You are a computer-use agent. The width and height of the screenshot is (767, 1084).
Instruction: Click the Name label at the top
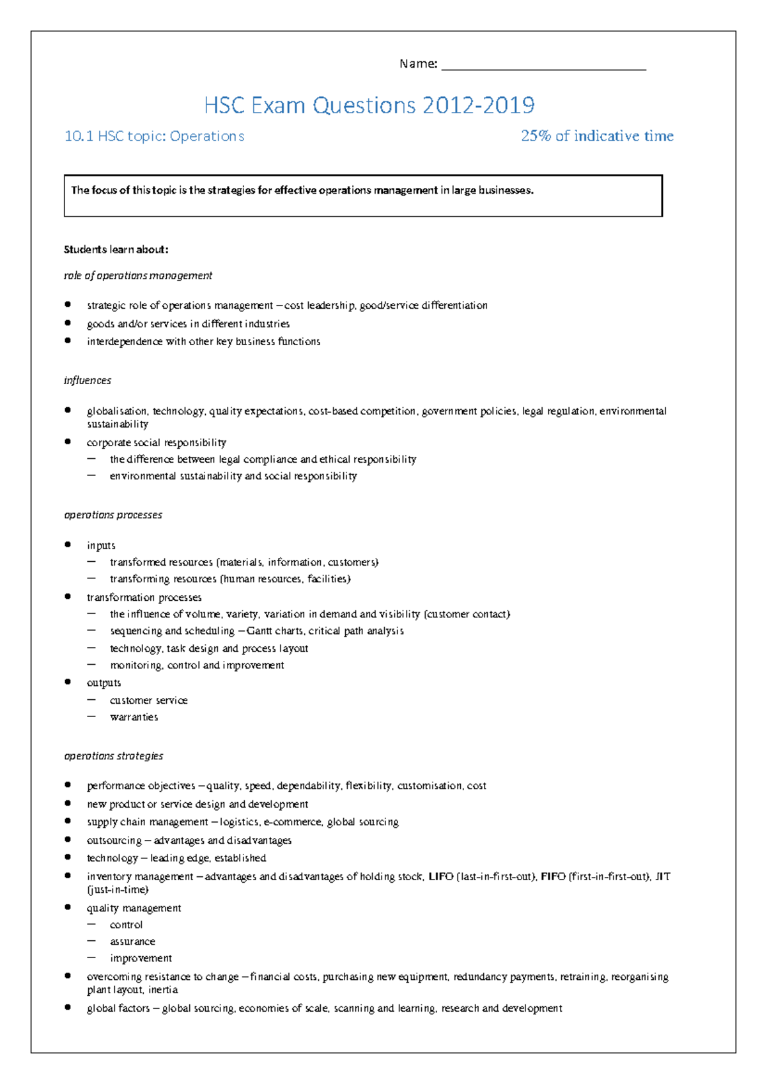pos(418,63)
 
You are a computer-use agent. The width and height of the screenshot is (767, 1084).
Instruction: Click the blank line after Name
pos(543,66)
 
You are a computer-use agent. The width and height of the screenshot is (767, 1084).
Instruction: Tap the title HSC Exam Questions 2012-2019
pos(369,105)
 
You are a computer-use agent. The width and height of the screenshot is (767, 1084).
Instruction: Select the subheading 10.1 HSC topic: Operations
pos(154,136)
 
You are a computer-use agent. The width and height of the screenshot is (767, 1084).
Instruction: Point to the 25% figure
pos(536,136)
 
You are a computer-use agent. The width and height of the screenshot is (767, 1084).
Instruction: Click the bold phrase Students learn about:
pos(116,249)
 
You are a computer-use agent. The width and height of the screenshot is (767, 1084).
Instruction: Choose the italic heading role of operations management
pos(138,275)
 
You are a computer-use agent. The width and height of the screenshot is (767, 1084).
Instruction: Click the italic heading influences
pos(88,380)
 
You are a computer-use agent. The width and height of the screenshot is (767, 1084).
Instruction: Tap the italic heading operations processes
pos(113,515)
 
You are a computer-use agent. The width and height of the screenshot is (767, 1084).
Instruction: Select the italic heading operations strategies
pos(114,756)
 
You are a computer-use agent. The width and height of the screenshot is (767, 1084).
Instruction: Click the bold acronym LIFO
pos(440,876)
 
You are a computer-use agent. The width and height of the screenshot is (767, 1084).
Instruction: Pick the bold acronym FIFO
pos(553,876)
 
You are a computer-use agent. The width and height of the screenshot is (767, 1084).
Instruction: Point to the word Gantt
pos(259,631)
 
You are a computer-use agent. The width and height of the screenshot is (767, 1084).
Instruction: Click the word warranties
pos(134,717)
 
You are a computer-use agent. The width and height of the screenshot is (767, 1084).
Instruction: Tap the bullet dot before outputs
pos(68,682)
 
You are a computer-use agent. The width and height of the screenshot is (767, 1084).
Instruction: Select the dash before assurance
pos(92,941)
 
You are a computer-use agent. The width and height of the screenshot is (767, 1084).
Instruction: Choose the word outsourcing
pos(114,840)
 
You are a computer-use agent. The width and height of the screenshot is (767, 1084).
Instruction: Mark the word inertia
pos(163,989)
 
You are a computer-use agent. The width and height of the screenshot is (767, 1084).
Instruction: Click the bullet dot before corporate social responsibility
pos(68,442)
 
